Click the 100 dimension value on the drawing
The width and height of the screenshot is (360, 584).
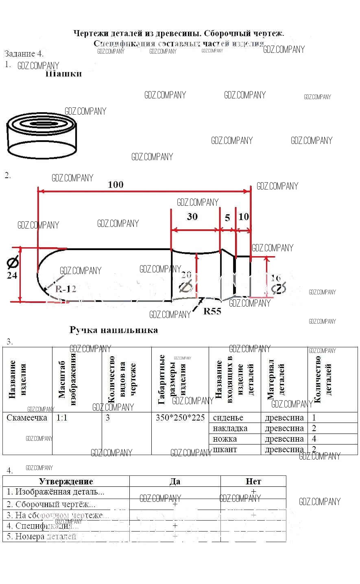click(x=116, y=185)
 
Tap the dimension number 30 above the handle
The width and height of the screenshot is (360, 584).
click(x=192, y=216)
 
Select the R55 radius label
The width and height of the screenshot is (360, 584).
click(x=212, y=312)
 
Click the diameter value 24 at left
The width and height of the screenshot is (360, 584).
click(x=12, y=275)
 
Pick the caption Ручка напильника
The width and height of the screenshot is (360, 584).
click(x=113, y=330)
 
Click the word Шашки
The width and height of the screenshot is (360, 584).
click(x=63, y=74)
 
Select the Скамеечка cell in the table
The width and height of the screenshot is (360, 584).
click(x=27, y=418)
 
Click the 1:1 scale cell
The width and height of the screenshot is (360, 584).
click(x=62, y=418)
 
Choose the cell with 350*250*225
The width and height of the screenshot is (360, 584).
click(x=180, y=418)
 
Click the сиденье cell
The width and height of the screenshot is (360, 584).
click(x=228, y=418)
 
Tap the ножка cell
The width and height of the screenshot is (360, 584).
click(x=225, y=439)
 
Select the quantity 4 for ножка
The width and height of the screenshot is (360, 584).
click(x=314, y=439)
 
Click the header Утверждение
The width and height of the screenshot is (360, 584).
click(x=66, y=482)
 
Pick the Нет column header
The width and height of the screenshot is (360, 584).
click(x=253, y=482)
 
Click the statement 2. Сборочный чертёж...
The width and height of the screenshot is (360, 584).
click(x=51, y=504)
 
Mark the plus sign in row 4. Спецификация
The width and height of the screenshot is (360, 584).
click(x=175, y=525)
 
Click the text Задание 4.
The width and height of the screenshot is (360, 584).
click(x=24, y=54)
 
